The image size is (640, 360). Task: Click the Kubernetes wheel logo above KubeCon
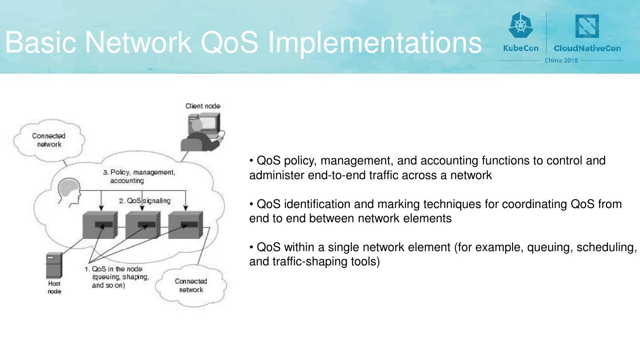pos(520,25)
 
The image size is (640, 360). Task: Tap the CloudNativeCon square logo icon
pos(587,26)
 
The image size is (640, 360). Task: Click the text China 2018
pos(561,60)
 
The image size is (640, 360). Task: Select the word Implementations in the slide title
pos(375,43)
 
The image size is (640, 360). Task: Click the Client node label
pos(203,106)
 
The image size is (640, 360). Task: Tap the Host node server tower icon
pos(53,265)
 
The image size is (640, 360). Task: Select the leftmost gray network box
pos(100,225)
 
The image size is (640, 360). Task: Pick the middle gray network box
pos(142,225)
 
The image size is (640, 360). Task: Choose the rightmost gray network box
pos(185,225)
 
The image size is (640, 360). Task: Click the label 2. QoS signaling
pos(144,201)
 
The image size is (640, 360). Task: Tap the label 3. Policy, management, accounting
pos(139,176)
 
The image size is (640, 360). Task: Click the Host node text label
pos(54,287)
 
